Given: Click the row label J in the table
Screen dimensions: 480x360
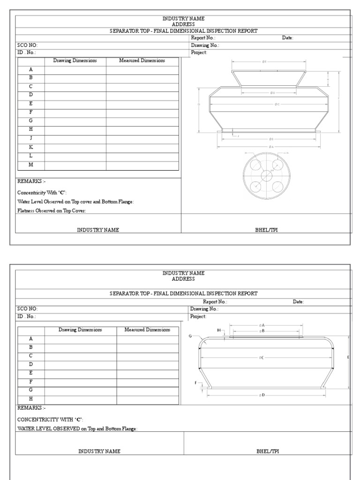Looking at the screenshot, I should pos(31,139).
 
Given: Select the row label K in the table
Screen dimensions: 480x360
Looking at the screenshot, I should pos(31,147).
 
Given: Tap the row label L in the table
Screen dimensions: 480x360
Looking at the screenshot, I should pos(31,156).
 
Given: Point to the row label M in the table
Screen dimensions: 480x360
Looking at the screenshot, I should pos(31,165).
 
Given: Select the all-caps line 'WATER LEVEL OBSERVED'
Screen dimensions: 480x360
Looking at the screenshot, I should pos(48,429).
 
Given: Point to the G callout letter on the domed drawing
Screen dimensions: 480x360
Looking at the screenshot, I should pos(190,336).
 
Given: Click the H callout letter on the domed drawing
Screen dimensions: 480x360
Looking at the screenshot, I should pos(218,330).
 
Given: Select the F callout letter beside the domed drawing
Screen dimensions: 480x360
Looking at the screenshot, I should pos(196,383).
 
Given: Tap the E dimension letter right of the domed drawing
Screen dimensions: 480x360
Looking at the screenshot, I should pos(348,358).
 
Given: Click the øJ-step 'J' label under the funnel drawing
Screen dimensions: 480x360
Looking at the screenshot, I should pos(239,136).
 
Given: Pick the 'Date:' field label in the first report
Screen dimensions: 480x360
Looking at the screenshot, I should pos(287,38).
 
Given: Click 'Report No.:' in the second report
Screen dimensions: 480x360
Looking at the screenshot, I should pos(215,302).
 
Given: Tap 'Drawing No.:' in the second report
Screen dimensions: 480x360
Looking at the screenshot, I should pos(204,309).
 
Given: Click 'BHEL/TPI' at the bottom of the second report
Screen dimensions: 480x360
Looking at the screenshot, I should pos(267,451).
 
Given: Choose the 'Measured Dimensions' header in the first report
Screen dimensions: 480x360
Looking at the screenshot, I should pos(142,61).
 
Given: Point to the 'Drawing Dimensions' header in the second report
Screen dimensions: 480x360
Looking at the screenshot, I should pos(80,330).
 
